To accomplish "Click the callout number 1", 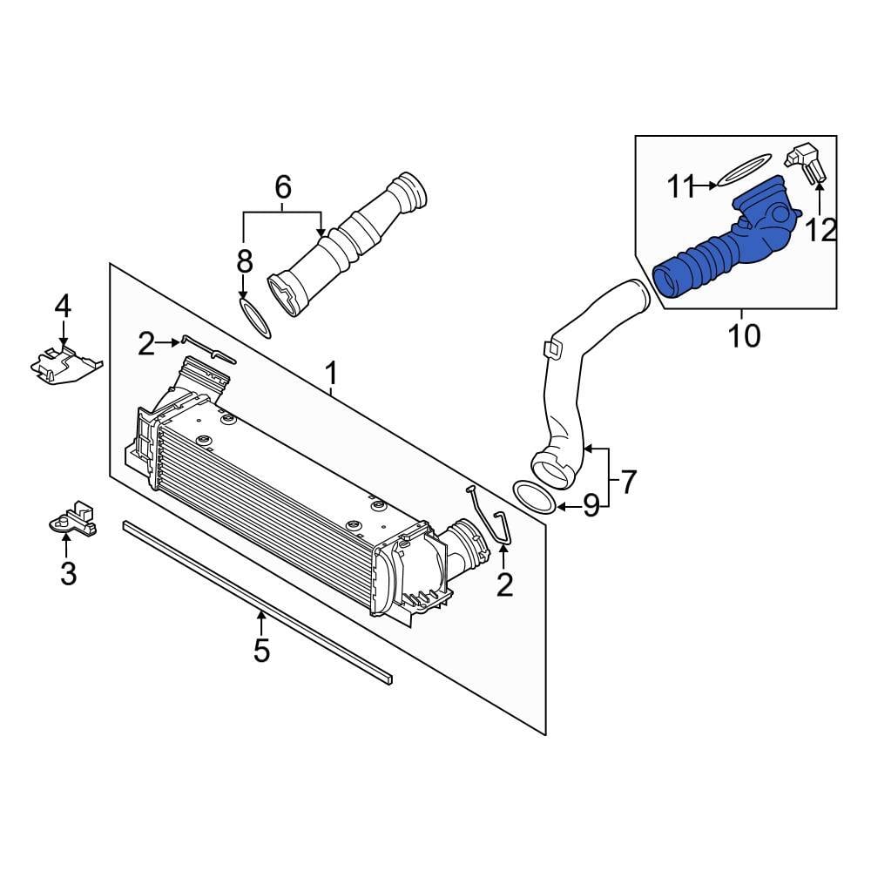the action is pyautogui.click(x=331, y=374).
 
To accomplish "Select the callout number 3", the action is pyautogui.click(x=68, y=574).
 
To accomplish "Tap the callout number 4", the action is pyautogui.click(x=63, y=306).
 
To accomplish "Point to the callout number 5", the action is pyautogui.click(x=261, y=650).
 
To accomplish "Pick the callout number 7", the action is pyautogui.click(x=628, y=482).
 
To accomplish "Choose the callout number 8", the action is pyautogui.click(x=245, y=261).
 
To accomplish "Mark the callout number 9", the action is pyautogui.click(x=591, y=505).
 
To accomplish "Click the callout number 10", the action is pyautogui.click(x=743, y=335).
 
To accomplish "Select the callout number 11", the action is pyautogui.click(x=680, y=186).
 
